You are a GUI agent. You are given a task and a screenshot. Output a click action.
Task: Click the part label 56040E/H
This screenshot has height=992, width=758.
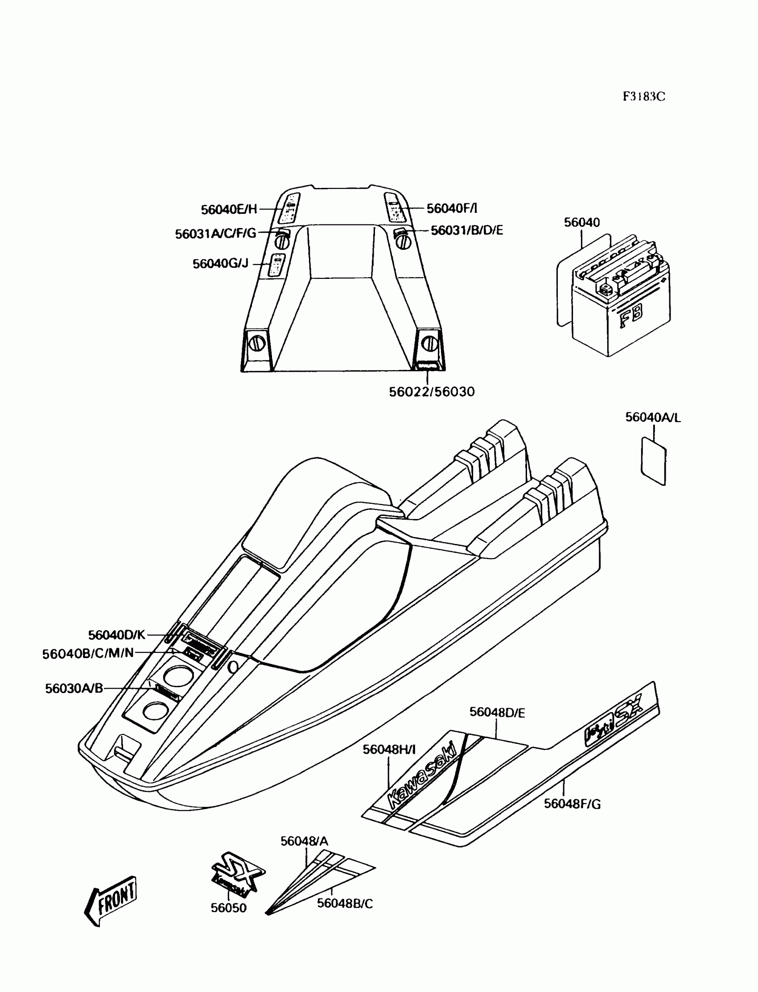click(x=229, y=209)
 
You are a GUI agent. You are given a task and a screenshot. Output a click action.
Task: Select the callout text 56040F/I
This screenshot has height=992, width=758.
click(x=452, y=208)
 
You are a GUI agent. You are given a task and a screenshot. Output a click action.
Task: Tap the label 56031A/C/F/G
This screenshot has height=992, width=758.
click(x=215, y=234)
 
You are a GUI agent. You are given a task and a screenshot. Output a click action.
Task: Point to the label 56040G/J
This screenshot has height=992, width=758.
click(x=220, y=264)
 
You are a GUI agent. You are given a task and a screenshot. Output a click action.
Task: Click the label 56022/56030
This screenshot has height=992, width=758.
click(x=432, y=392)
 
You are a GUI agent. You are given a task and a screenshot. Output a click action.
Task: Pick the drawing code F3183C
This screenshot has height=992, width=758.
click(x=644, y=97)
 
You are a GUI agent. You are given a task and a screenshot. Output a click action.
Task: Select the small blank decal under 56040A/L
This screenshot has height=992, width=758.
click(x=653, y=461)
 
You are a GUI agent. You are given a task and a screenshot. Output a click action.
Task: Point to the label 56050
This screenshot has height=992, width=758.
click(x=229, y=908)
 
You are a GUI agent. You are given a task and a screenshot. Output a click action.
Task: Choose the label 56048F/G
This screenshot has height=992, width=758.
click(x=572, y=804)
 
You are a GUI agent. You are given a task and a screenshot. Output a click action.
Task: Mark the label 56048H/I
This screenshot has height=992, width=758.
click(x=389, y=750)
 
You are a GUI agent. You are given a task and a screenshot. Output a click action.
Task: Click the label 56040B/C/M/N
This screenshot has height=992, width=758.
click(x=88, y=653)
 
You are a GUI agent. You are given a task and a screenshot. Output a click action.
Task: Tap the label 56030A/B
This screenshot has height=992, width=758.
click(x=74, y=689)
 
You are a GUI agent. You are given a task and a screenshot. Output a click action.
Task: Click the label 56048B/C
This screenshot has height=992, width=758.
click(x=345, y=904)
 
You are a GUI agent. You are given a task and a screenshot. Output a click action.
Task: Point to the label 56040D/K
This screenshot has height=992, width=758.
click(x=116, y=635)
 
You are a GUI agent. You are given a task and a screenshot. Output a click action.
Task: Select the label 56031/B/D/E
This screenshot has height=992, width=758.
click(x=466, y=230)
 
